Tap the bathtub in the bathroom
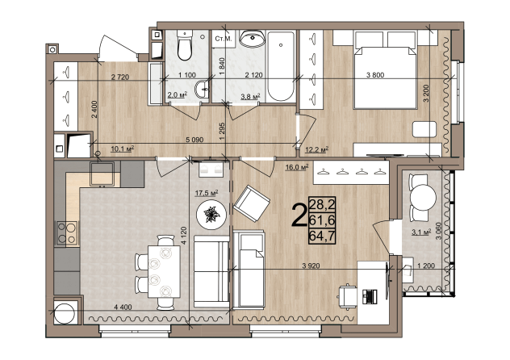[281, 66]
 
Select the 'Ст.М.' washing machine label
[224, 39]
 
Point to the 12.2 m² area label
[316, 149]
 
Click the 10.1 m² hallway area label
[123, 149]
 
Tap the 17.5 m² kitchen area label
[207, 193]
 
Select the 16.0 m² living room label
[297, 167]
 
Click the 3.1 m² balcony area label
[421, 232]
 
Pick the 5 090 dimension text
[194, 140]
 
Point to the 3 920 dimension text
[311, 266]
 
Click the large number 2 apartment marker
[299, 215]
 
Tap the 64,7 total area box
[322, 236]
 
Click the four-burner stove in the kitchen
[67, 232]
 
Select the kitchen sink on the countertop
[102, 174]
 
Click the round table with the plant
[211, 215]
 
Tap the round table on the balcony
[423, 198]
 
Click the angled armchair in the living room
[252, 203]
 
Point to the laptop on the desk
[370, 296]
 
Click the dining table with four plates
[164, 271]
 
